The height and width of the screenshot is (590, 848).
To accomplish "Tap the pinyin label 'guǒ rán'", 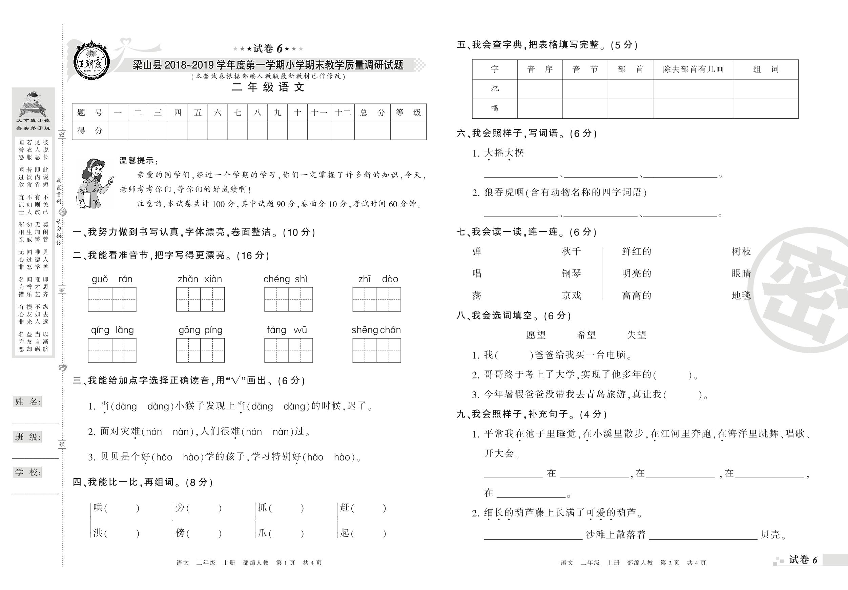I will pyautogui.click(x=112, y=279).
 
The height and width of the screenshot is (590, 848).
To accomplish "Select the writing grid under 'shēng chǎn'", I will pyautogui.click(x=376, y=350).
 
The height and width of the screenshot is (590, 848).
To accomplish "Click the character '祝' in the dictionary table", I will pyautogui.click(x=495, y=89).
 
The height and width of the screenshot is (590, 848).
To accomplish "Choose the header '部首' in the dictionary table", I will pyautogui.click(x=630, y=69).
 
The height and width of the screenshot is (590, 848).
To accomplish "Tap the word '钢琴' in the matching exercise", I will pyautogui.click(x=571, y=273).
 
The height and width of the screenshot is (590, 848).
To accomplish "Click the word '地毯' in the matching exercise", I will pyautogui.click(x=741, y=296).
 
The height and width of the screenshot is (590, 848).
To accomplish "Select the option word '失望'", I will pyautogui.click(x=636, y=335).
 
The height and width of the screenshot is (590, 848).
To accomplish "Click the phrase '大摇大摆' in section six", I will pyautogui.click(x=504, y=153).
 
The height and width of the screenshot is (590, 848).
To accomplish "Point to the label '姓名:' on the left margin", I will pyautogui.click(x=28, y=402).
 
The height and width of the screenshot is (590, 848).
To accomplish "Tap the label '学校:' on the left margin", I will pyautogui.click(x=28, y=472).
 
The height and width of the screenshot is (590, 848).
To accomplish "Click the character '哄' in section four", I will pyautogui.click(x=98, y=508).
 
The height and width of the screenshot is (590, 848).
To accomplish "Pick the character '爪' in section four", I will pyautogui.click(x=263, y=533).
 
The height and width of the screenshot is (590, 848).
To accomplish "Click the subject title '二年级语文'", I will pyautogui.click(x=268, y=87).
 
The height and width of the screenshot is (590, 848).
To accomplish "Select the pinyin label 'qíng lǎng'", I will pyautogui.click(x=112, y=330).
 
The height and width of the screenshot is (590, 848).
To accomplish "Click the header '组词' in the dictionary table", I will pyautogui.click(x=766, y=69).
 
